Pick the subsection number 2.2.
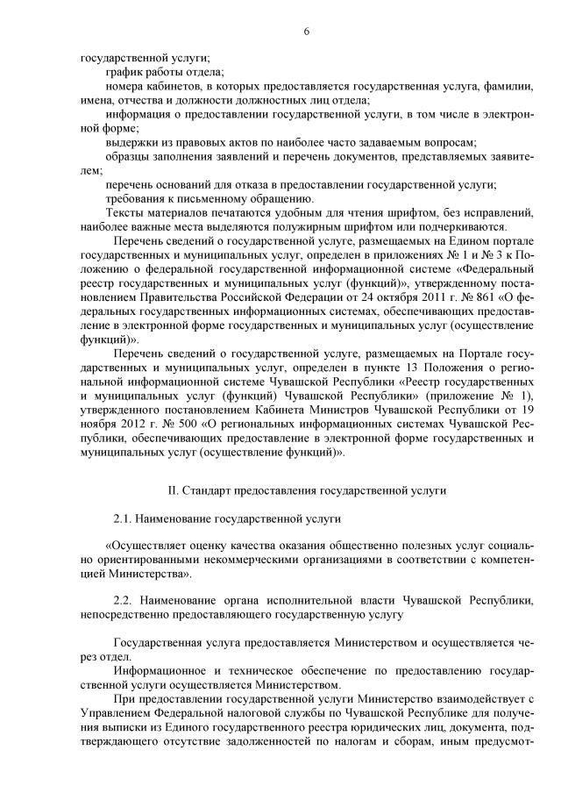[x=124, y=599]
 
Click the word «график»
[x=123, y=73]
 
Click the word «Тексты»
[x=124, y=212]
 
